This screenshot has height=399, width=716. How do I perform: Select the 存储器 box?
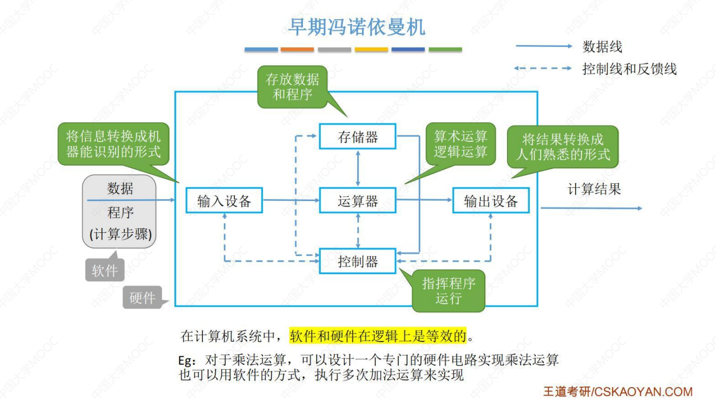coord(357,136)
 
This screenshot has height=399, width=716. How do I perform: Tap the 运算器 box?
coord(357,201)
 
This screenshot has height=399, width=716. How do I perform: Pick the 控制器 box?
coord(357,261)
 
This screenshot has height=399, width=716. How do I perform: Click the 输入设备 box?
coord(224,201)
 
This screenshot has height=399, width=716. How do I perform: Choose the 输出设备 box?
coord(491,201)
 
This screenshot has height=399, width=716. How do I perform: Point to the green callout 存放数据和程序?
coord(292,87)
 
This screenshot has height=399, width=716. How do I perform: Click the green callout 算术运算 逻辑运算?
coord(461,144)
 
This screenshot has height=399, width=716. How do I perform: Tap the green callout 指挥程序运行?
coord(448,290)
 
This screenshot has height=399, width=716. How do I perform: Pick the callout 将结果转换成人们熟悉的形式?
coord(562,146)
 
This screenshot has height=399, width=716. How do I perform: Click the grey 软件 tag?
coord(105,271)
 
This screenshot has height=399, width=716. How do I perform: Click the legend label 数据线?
coord(602,46)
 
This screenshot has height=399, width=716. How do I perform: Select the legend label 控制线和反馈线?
coord(629,69)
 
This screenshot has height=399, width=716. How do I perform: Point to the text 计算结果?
coord(594,189)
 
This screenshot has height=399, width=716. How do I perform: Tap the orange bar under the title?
coord(297,49)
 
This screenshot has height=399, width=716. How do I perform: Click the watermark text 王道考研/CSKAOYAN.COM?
coord(618,391)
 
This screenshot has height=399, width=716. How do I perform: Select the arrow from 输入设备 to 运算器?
coord(291,201)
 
